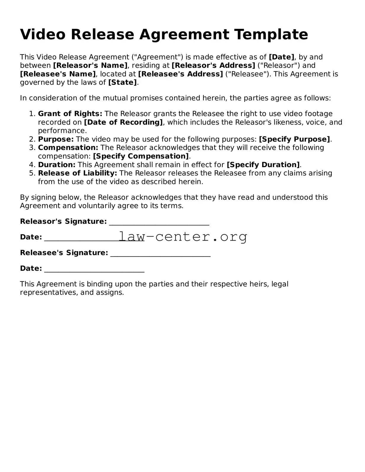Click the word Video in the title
[43, 34]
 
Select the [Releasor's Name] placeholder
[90, 65]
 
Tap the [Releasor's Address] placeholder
[213, 65]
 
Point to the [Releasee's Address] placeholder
[181, 74]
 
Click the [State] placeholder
[123, 82]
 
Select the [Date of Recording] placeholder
[123, 122]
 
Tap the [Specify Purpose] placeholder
[294, 139]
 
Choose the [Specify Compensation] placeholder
[141, 156]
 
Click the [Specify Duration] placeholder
[263, 165]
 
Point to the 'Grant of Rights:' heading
[70, 114]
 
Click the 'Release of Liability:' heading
[77, 173]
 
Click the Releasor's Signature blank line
[159, 222]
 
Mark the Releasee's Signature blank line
[160, 254]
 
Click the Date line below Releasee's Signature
[94, 269]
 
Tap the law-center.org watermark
[183, 237]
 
